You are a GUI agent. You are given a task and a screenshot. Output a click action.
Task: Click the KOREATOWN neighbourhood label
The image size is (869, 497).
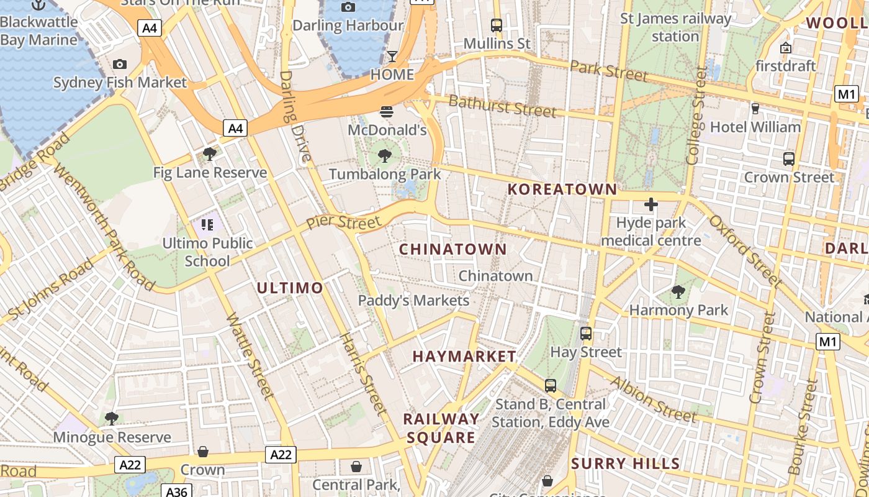click(x=563, y=189)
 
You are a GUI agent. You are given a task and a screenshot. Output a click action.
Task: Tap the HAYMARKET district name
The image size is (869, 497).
click(x=464, y=357)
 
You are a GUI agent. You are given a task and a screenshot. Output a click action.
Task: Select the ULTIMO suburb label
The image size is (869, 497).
click(x=290, y=288)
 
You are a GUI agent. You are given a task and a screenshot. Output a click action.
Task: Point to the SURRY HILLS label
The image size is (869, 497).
click(x=626, y=463)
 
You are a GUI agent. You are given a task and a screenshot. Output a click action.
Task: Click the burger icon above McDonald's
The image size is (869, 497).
click(x=387, y=112)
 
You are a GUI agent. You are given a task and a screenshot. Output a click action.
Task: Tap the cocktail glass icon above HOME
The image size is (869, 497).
click(x=392, y=57)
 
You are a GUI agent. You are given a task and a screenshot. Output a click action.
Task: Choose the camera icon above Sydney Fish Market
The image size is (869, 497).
click(x=120, y=64)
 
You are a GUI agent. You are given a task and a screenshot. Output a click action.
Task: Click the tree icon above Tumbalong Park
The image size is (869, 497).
click(x=385, y=156)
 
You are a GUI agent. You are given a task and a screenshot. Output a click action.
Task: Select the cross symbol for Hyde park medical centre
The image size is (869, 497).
click(x=651, y=204)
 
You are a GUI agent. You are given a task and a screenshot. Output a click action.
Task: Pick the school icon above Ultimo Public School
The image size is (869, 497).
click(x=207, y=224)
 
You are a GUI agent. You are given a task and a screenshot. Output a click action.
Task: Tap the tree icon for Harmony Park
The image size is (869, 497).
click(x=678, y=291)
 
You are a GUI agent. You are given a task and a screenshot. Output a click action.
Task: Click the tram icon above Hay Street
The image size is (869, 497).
click(x=585, y=334)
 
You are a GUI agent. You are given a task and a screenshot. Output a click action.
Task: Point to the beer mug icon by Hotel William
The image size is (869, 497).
click(x=755, y=109)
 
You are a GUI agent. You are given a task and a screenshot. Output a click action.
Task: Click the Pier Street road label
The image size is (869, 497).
click(x=343, y=222)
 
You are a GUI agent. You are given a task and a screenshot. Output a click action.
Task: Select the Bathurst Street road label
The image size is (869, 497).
click(x=502, y=106)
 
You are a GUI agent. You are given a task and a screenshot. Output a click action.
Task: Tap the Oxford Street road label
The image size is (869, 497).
click(x=746, y=251)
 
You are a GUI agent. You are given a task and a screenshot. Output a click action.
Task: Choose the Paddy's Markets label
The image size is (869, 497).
click(x=413, y=301)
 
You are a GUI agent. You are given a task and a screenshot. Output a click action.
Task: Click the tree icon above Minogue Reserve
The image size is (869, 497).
click(x=112, y=419)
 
